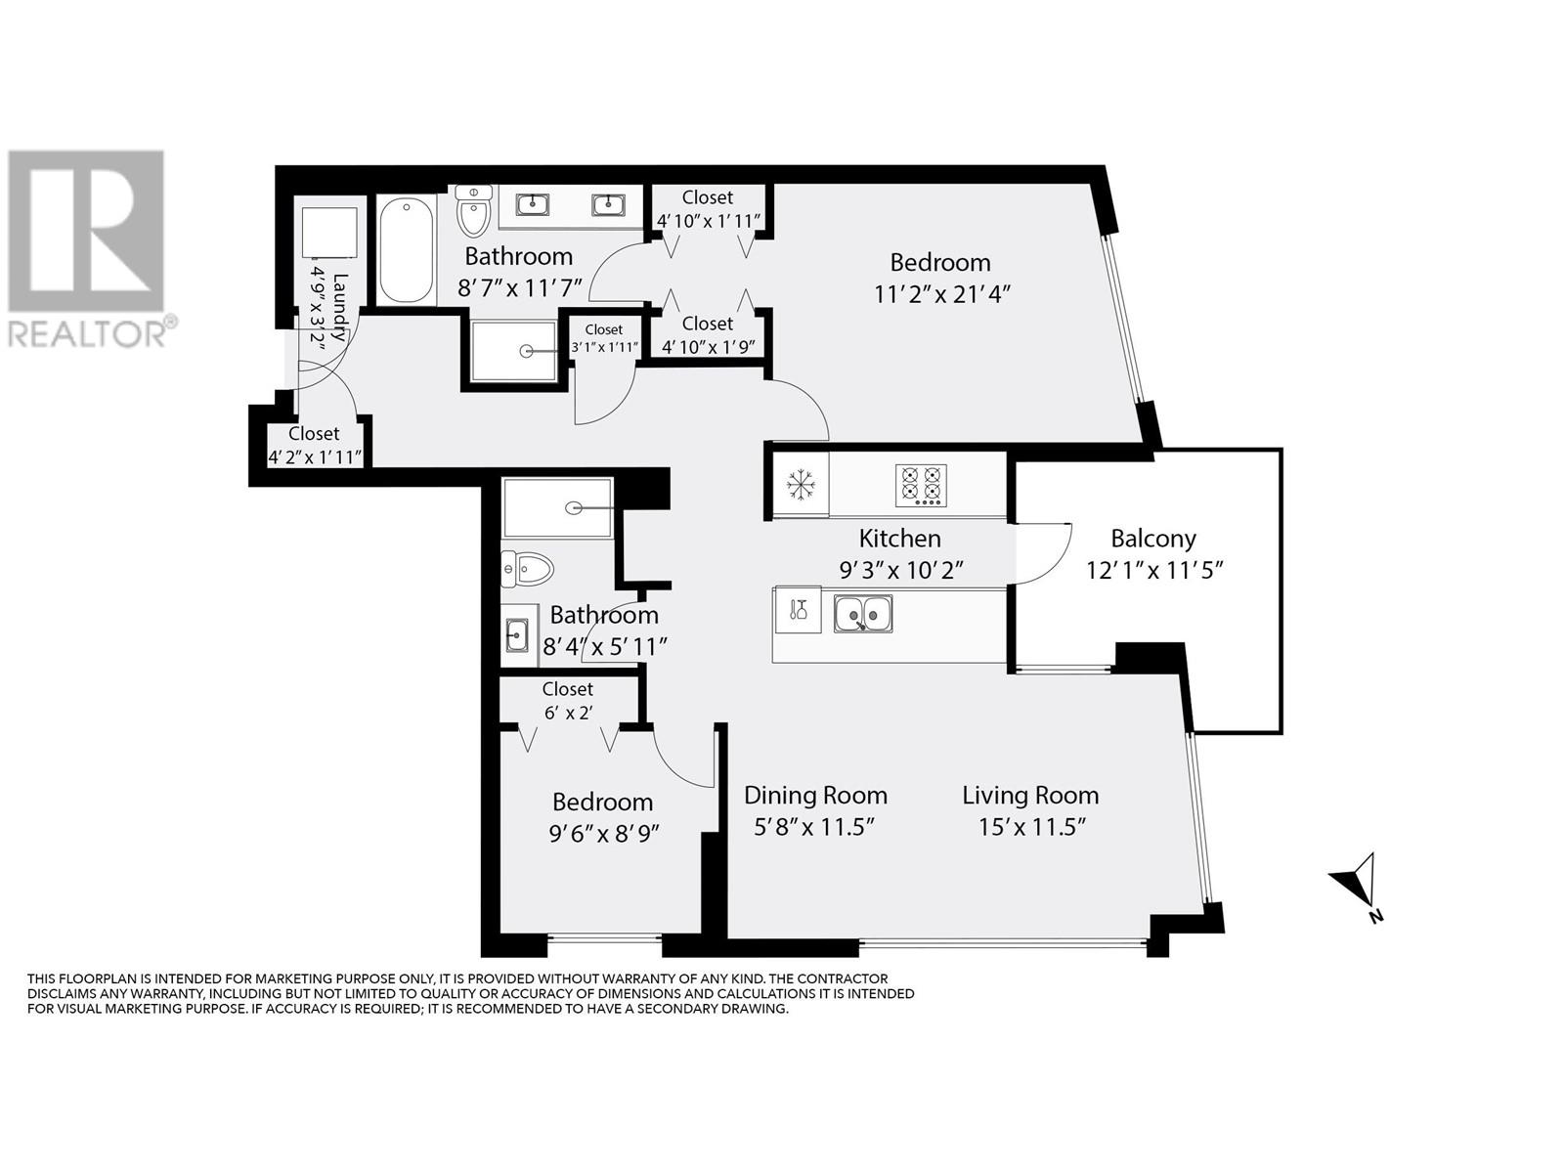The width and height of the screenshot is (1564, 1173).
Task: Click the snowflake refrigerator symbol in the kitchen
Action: point(800,485)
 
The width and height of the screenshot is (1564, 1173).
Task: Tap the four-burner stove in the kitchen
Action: point(921,485)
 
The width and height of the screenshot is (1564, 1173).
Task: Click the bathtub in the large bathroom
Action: point(406,251)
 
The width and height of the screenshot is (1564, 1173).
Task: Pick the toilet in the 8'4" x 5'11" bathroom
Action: point(527,569)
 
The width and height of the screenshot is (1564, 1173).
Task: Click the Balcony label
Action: point(1152,539)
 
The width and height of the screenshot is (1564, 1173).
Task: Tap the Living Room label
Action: point(1029,795)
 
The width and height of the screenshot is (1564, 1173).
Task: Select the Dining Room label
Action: point(815,795)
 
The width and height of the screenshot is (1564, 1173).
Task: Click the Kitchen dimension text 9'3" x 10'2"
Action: point(900,570)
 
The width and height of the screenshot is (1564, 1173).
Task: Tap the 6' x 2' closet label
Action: point(568,713)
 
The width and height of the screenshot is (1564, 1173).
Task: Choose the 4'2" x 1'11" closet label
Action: point(314,456)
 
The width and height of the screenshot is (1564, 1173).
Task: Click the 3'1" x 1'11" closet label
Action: point(604,348)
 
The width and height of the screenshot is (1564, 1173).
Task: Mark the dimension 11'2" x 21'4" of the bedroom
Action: point(942,294)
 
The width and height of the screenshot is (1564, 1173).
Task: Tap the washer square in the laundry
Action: point(329,233)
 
